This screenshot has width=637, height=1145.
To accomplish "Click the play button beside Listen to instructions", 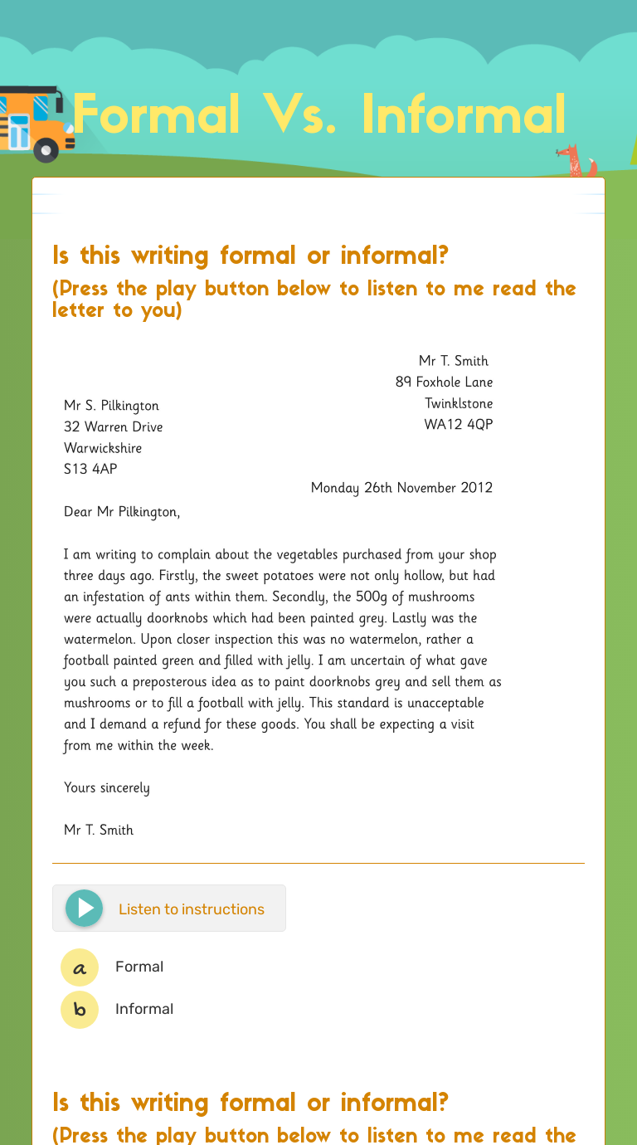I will coord(84,908).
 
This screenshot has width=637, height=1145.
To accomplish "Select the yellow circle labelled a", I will coord(80,967).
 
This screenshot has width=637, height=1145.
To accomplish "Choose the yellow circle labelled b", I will coord(80,1010).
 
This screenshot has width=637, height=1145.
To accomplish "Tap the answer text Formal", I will coord(139,967).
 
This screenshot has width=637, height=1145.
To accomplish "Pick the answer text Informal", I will coord(144,1009).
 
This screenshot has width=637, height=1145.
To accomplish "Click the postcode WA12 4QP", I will coord(459,425).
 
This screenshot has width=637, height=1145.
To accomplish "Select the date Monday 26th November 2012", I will coord(401,488).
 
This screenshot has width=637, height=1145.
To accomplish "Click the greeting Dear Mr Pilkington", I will coord(121,512).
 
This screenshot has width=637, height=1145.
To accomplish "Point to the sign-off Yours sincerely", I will coord(106,787).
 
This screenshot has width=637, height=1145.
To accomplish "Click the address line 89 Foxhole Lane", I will coord(444,382).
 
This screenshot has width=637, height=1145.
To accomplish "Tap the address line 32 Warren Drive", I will coord(113,426).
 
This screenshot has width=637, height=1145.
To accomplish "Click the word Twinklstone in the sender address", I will coord(459,404).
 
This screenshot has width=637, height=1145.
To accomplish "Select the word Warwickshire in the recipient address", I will coord(103,448).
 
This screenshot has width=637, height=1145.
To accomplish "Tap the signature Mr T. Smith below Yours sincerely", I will coord(99,830).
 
